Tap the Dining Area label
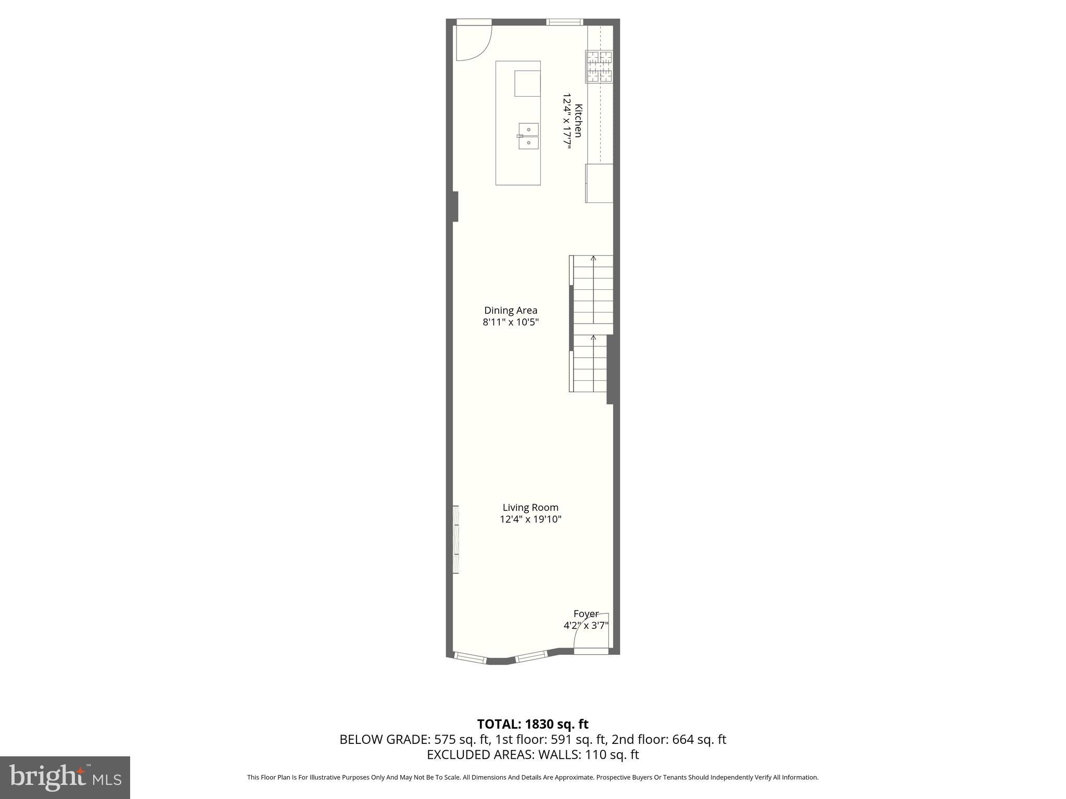point(511,311)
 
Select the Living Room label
point(530,507)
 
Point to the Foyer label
point(586,613)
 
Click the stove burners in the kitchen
point(599,67)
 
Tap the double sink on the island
point(528,136)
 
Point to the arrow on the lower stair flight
point(593,338)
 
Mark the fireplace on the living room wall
point(456,539)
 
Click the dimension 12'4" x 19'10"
point(530,519)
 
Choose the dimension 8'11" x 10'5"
point(511,323)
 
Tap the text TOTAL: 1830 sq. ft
point(532,724)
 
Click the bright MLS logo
point(65,777)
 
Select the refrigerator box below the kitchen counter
point(599,183)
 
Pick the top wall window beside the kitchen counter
point(564,22)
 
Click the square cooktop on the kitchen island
point(527,84)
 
